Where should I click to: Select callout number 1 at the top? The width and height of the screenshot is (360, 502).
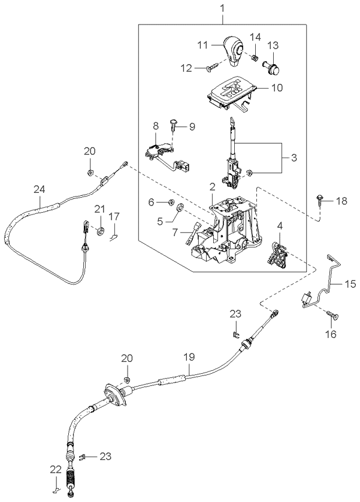tap(224, 9)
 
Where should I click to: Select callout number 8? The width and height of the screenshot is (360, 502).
tap(155, 126)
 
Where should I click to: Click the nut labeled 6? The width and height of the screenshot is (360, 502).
tap(171, 202)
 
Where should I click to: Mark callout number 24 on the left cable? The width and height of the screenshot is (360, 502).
tap(39, 189)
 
